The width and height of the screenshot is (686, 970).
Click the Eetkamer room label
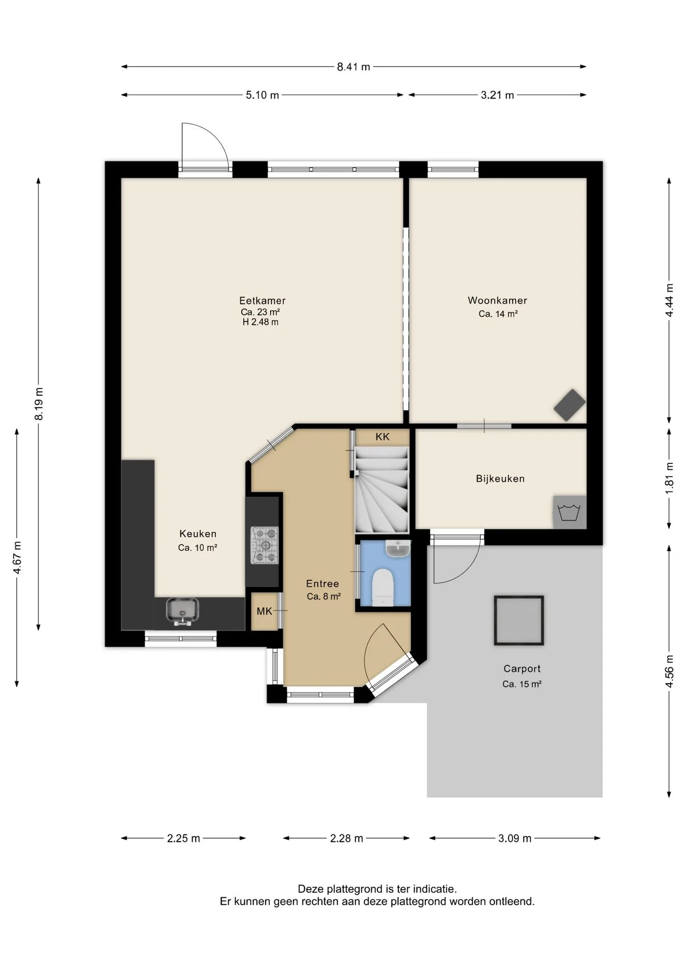click(x=262, y=301)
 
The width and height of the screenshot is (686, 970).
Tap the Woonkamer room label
click(x=498, y=301)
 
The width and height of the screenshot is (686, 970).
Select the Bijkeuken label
click(x=500, y=478)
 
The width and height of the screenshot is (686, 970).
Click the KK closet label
click(x=382, y=437)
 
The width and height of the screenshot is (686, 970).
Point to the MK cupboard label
click(x=264, y=611)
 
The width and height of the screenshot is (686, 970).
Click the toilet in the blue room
click(x=382, y=588)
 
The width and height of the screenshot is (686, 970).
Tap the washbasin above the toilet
click(x=398, y=548)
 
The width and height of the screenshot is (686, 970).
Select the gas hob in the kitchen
click(x=265, y=546)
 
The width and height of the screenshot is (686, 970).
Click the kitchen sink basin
click(x=182, y=611)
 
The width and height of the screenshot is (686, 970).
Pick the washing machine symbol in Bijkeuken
click(x=570, y=512)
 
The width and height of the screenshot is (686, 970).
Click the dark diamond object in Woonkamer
click(x=570, y=405)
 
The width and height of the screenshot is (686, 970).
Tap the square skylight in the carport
click(x=519, y=620)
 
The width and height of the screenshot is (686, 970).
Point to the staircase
click(x=382, y=490)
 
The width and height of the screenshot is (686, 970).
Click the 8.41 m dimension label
click(x=354, y=67)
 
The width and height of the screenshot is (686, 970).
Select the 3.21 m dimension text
click(x=498, y=95)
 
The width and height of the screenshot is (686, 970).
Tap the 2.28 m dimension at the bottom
click(x=347, y=839)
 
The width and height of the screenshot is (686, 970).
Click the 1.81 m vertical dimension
click(x=669, y=478)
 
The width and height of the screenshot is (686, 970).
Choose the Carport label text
click(x=522, y=669)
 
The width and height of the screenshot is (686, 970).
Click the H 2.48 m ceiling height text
click(x=260, y=322)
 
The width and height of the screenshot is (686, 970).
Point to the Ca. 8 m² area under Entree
click(x=324, y=597)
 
